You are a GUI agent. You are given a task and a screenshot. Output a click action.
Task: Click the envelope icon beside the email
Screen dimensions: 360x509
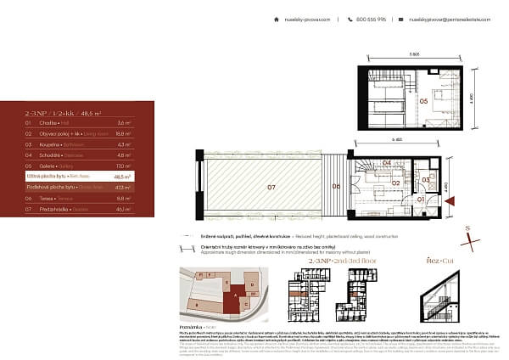403,19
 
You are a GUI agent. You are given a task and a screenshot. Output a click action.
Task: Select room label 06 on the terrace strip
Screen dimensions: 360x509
336,185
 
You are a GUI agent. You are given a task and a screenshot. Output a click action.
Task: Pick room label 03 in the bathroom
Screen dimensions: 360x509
426,180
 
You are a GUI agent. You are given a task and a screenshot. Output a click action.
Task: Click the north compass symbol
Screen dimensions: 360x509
467,232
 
